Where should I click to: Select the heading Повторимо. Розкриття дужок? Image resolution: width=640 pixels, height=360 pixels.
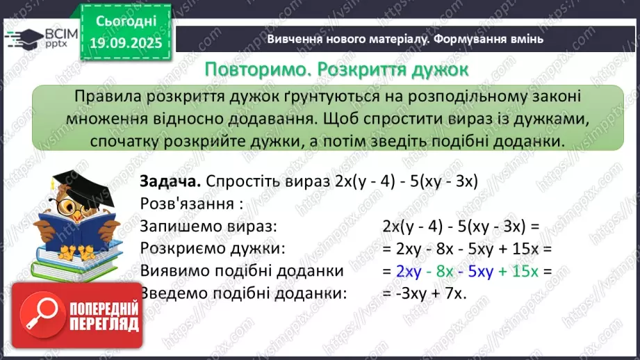[x=336, y=69]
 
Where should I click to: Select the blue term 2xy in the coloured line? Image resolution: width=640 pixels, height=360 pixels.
[x=409, y=270]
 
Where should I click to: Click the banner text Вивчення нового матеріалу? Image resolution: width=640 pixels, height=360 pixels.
[x=347, y=39]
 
